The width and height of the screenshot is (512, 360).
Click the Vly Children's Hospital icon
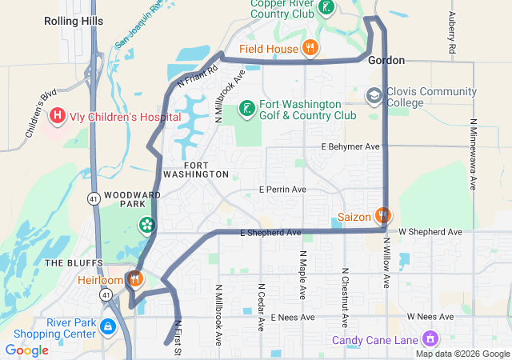point(58,116)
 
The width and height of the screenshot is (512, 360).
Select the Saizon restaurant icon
point(384,216)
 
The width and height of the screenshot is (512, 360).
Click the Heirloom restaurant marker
point(134,279)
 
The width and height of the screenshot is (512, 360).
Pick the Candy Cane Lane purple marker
point(430,339)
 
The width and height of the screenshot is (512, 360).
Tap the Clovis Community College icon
point(374,97)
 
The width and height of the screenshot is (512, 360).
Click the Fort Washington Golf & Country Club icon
point(248,109)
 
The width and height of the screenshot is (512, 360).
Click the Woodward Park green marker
point(146,225)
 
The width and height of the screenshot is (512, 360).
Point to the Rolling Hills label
point(74,22)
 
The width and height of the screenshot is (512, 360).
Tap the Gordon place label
point(386,60)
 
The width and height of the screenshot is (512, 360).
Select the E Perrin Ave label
point(282,190)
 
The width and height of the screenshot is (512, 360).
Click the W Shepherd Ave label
point(430,232)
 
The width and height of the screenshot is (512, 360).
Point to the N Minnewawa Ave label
point(473,154)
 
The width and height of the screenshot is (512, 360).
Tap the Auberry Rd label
point(452,33)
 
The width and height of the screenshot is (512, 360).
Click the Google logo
point(26,350)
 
